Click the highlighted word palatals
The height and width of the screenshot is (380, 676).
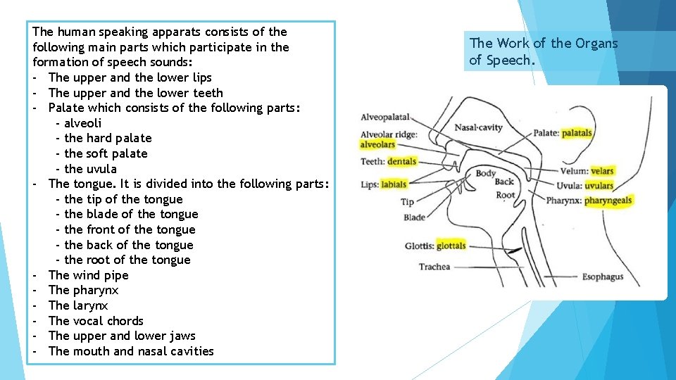click(x=577, y=133)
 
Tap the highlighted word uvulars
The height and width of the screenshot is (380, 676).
click(x=599, y=186)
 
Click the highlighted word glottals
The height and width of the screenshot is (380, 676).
click(x=451, y=246)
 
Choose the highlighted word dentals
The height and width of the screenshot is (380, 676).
click(x=401, y=161)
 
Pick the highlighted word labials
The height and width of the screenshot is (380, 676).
click(x=394, y=185)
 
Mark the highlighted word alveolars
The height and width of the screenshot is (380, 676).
click(x=378, y=145)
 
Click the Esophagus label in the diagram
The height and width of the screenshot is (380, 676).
click(x=603, y=277)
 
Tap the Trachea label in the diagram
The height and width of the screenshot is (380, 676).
click(x=434, y=267)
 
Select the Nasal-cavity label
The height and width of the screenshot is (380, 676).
click(x=479, y=127)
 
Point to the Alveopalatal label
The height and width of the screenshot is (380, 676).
click(x=385, y=118)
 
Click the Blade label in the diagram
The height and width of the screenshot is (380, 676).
click(x=415, y=217)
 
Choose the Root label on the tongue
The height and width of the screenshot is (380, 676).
click(x=506, y=195)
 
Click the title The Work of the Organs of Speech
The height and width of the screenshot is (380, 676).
click(x=543, y=51)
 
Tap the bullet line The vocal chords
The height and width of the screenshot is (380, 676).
click(x=96, y=321)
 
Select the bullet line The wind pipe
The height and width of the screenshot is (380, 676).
click(x=88, y=275)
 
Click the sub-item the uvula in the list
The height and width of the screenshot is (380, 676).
click(x=90, y=169)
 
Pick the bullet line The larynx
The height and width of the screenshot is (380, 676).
click(x=78, y=305)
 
